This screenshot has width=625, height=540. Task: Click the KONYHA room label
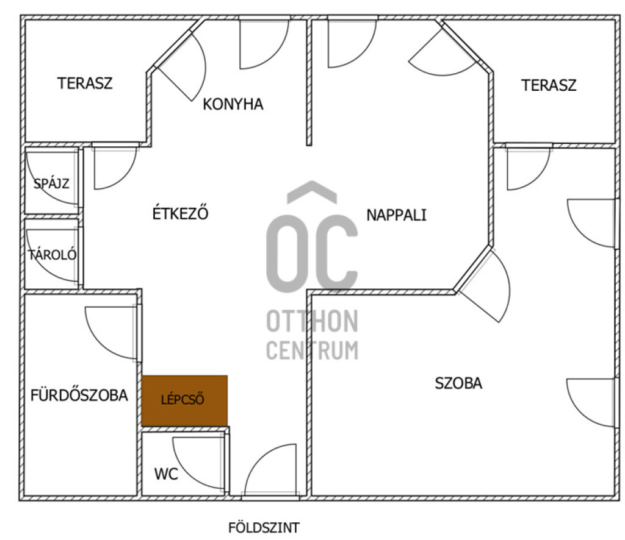point(233,104)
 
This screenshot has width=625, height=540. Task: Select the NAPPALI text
point(396,215)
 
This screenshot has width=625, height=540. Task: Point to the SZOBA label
point(458,383)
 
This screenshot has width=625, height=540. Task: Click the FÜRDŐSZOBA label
point(79,395)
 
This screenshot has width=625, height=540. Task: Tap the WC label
point(166,474)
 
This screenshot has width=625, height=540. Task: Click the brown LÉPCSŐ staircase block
point(184,400)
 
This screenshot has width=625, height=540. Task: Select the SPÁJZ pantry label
point(51,183)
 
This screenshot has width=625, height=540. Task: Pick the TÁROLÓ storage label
point(52,254)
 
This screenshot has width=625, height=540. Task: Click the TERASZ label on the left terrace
point(85,83)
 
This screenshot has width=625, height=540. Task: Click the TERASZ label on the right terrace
point(549,85)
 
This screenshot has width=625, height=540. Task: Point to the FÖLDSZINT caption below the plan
point(264,528)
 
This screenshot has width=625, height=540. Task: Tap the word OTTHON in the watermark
point(312,321)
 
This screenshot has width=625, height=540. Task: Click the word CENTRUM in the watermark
point(312,350)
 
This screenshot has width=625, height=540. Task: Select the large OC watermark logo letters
point(312,236)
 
